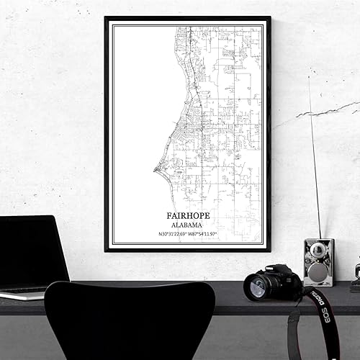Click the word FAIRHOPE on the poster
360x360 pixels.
(x=188, y=215)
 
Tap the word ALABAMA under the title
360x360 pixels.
(x=188, y=224)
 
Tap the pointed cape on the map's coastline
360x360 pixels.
(x=155, y=171)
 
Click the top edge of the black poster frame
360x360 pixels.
(x=187, y=18)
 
